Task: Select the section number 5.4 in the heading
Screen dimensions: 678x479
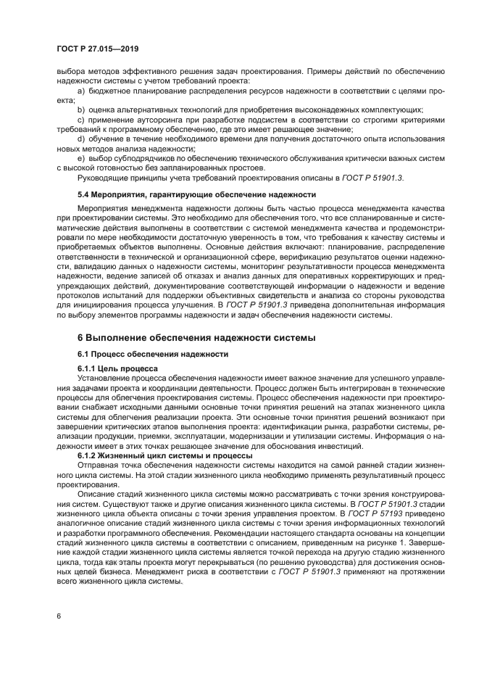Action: click(85, 194)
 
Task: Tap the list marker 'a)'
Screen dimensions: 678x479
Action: click(81, 91)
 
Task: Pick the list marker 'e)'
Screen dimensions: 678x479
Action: click(81, 157)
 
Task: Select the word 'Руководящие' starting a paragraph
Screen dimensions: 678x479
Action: click(101, 176)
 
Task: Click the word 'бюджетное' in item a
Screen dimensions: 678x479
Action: click(109, 91)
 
